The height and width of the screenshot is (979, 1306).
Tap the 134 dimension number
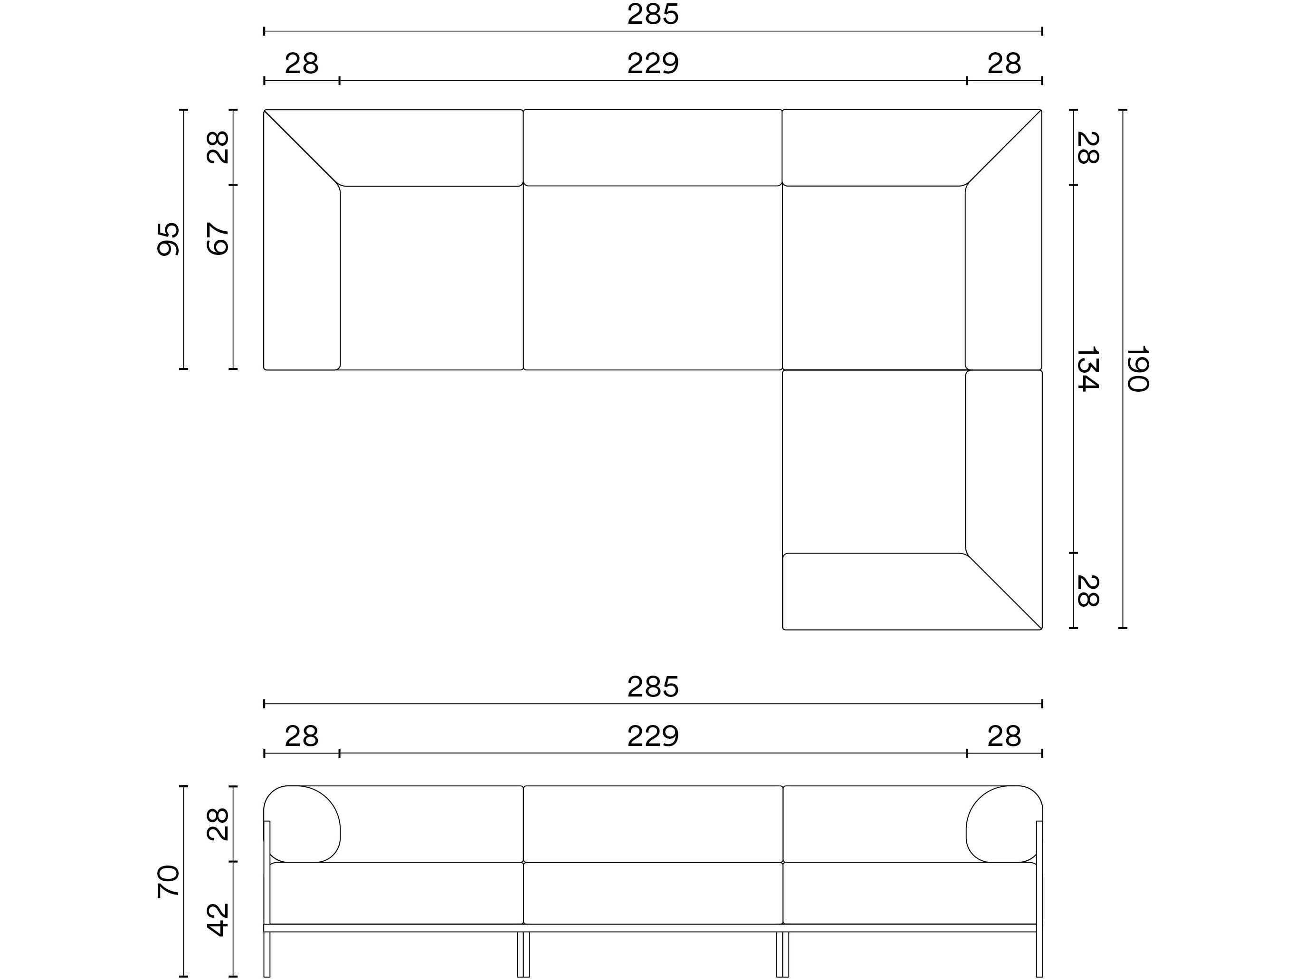1087,369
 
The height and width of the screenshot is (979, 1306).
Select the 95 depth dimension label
168,239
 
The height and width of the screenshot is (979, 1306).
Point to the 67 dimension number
218,239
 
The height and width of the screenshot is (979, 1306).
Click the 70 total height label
168,881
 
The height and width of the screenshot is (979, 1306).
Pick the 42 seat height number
218,919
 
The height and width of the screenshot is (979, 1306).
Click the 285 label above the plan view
653,15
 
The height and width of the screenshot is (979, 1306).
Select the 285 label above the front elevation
653,687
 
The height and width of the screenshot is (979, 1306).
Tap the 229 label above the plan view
653,64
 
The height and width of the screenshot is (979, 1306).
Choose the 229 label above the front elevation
653,736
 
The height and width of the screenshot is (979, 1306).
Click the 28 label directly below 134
1087,591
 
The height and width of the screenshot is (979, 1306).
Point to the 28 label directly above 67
218,147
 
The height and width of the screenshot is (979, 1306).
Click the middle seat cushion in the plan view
652,277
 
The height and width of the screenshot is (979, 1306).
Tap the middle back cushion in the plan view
652,148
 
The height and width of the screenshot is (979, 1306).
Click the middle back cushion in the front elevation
653,824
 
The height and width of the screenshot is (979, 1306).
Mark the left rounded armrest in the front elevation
302,824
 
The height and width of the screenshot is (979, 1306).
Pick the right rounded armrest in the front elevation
1004,824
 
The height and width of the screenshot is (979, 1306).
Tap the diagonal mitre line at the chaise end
1004,591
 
